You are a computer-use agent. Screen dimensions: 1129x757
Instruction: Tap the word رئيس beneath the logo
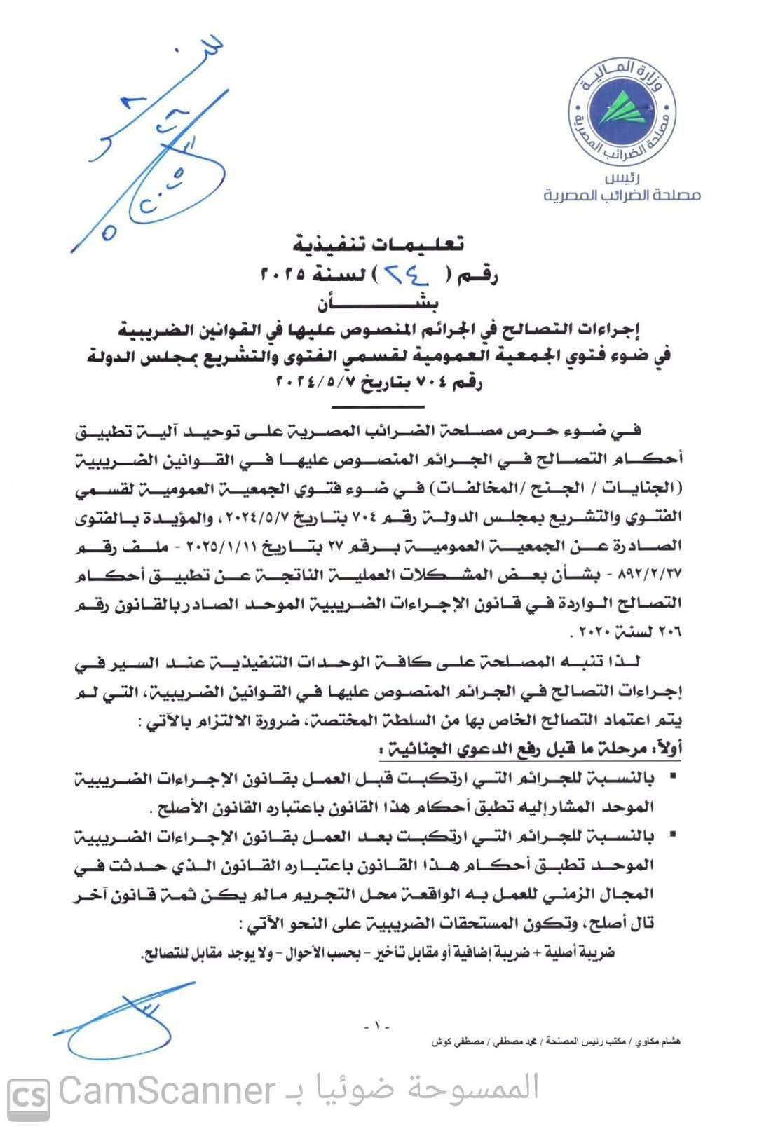tap(622, 179)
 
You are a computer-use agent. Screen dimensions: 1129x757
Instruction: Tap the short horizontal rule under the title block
tap(378, 406)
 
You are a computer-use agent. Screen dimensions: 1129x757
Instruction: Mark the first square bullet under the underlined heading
tap(673, 776)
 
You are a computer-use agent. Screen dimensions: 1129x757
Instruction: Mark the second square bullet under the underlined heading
tap(673, 835)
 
